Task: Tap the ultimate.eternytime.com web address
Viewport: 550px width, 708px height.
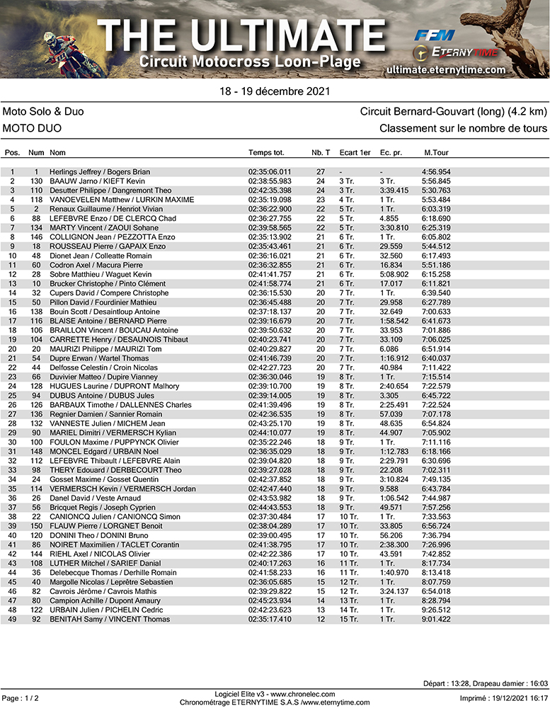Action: [x=447, y=69]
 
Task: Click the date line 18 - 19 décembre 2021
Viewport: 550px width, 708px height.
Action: [x=274, y=91]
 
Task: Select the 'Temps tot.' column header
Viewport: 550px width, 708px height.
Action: [x=266, y=153]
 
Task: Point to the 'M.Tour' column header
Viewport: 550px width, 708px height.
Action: [x=436, y=153]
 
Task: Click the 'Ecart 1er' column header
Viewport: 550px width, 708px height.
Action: [x=355, y=153]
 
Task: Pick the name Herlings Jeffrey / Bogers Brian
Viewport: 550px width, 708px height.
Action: [x=99, y=172]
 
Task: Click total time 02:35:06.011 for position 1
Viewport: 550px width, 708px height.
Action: [x=270, y=172]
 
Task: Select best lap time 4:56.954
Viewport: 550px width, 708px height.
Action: [x=437, y=172]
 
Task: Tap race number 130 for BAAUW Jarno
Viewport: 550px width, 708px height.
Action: [x=36, y=181]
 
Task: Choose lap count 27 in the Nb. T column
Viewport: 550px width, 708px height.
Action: [x=320, y=172]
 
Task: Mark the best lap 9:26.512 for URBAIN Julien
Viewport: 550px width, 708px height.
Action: [x=437, y=610]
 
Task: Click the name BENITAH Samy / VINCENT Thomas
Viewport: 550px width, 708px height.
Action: [x=110, y=619]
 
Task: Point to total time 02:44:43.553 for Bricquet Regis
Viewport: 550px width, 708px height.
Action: [x=270, y=507]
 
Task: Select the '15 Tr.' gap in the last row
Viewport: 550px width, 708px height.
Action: [x=349, y=619]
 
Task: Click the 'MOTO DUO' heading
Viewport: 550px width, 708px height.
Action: [x=32, y=128]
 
